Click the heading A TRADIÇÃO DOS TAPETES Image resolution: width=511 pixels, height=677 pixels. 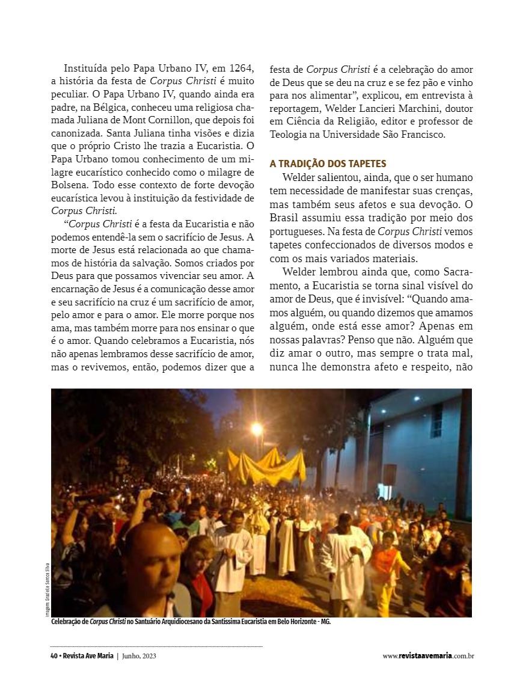tap(328, 164)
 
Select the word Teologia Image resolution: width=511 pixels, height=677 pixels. tap(290, 134)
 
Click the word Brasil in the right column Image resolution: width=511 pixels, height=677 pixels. tap(285, 217)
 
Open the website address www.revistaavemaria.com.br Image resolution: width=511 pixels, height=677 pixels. tap(428, 656)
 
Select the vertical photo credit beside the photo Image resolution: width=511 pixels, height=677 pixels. tap(46, 589)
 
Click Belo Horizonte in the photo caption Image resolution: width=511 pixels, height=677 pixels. tap(289, 622)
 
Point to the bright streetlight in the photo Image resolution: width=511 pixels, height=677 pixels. tap(257, 428)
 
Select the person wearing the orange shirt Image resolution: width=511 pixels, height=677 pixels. tap(384, 559)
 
